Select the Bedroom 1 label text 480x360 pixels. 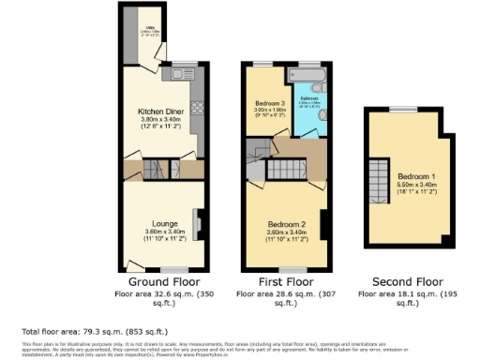click(414, 176)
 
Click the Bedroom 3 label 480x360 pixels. click(270, 103)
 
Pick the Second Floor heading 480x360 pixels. click(408, 280)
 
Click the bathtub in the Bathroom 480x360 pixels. click(310, 74)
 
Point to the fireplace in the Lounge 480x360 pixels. click(196, 221)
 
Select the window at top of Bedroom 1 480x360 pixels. click(405, 109)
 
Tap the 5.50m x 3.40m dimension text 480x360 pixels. click(414, 185)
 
